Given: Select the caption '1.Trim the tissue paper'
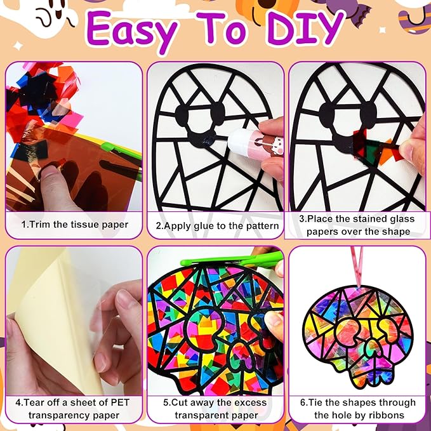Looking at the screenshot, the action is pos(75,225).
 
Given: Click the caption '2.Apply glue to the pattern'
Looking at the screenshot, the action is pos(217,226).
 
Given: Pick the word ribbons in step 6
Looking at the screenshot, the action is pos(385,414).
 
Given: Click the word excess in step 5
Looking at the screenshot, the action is pos(251,402).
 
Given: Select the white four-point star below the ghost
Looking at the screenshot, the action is pos(18,46).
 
